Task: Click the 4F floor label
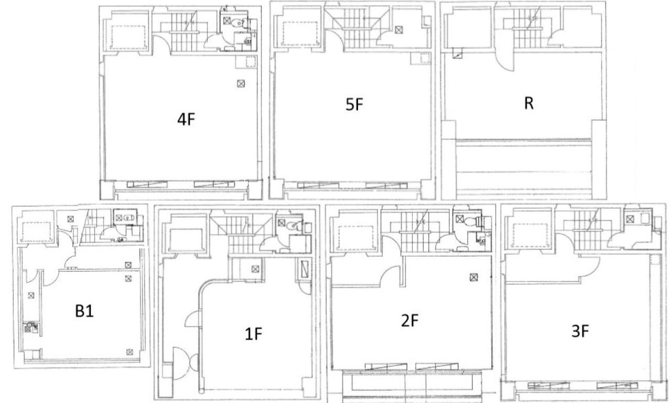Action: click(186, 120)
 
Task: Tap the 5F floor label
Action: click(354, 104)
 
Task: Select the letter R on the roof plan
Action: click(529, 103)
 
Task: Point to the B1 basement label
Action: click(84, 311)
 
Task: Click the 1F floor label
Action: click(253, 334)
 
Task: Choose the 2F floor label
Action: click(409, 321)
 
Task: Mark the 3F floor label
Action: click(580, 332)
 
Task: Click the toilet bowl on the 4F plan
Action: click(238, 22)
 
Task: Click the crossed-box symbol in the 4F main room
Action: click(241, 83)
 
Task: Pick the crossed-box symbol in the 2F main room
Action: click(473, 278)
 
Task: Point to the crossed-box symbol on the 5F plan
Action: click(399, 30)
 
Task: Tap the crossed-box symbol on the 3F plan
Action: click(630, 219)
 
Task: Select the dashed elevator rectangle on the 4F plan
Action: click(129, 37)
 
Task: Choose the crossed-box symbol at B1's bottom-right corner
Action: click(129, 352)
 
